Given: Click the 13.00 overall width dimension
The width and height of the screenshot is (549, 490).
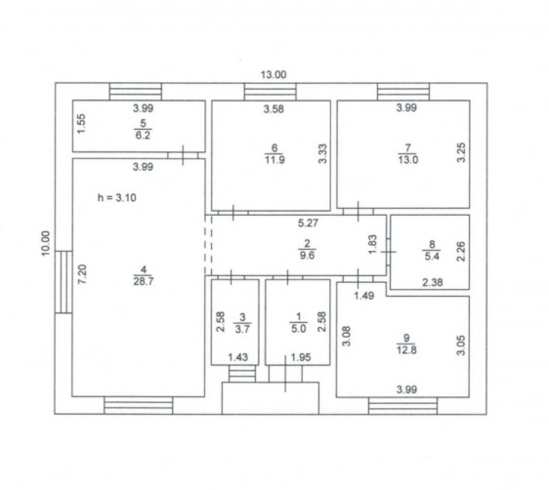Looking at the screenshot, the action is pos(274,74).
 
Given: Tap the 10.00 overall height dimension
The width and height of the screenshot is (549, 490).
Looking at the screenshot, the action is pos(46,243).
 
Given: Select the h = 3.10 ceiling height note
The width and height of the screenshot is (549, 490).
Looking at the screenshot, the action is pos(117,197).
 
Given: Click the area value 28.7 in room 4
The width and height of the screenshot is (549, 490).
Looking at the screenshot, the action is pos(144,281).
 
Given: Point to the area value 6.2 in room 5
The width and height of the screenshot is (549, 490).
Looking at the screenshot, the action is pos(143,135).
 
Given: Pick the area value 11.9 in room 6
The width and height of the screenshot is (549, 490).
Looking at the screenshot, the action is pos(274,160).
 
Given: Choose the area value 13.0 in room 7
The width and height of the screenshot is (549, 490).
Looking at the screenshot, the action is pos(408,160).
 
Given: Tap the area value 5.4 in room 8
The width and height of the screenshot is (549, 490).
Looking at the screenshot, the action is pos(432,256).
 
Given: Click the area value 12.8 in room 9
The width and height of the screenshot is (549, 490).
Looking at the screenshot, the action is pos(406,349).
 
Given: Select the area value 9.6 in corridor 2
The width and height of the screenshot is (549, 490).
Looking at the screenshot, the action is pos(307,255).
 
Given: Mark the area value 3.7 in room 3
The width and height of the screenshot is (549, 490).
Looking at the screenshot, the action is pos(242,329).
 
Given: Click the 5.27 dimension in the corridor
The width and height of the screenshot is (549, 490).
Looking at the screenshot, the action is pos(308,223).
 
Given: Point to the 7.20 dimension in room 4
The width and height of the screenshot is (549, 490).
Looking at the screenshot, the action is pos(82,274).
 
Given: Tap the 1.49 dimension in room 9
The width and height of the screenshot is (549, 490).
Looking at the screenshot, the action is pos(363,296).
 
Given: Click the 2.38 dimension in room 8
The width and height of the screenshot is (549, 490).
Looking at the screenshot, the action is pos(433,282).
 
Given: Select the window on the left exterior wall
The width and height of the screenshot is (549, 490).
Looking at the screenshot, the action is pos(63,282).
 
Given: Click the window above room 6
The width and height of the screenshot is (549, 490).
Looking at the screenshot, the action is pos(271,92).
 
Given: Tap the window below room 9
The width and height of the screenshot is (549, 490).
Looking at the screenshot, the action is pos(403,406).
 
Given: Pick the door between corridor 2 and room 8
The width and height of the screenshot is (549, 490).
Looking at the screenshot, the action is pos(388,252).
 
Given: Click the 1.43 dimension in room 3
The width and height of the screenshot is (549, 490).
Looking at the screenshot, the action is pos(237,357).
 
